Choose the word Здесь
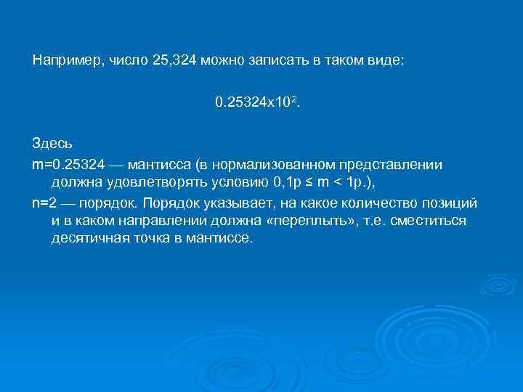point(52,145)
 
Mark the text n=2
point(45,202)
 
